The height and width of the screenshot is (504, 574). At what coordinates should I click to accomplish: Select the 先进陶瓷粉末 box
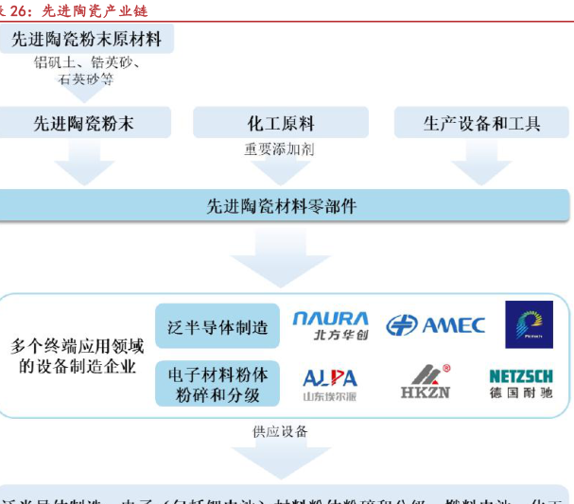(84, 123)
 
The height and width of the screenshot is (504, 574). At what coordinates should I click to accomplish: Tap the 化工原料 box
(281, 123)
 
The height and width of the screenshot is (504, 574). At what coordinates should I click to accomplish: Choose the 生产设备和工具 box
(481, 123)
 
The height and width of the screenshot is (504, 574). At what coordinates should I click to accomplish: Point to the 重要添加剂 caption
(280, 148)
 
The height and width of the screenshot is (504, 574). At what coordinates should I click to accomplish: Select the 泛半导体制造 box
(217, 327)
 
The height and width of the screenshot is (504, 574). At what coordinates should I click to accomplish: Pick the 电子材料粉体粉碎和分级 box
(217, 384)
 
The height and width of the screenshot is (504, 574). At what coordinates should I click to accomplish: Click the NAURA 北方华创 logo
(330, 327)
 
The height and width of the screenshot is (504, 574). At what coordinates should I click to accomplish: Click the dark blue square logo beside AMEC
(529, 325)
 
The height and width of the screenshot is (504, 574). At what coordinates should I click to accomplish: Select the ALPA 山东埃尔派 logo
(330, 383)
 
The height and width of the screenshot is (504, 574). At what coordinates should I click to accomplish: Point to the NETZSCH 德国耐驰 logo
(521, 383)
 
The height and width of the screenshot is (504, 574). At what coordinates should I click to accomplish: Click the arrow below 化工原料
(280, 171)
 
